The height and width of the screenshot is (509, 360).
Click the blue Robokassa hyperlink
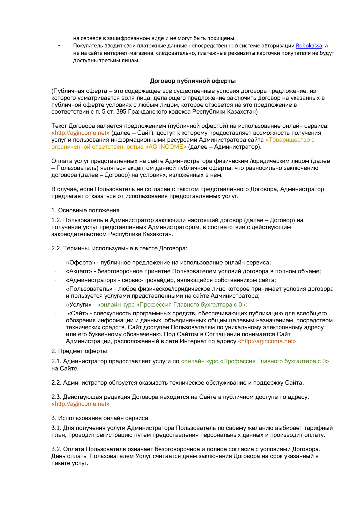[309, 46]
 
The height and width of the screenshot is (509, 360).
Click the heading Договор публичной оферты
[193, 81]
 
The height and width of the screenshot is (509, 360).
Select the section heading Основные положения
[88, 210]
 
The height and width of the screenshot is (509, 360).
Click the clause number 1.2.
[56, 220]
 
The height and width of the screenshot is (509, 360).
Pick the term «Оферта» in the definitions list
[80, 263]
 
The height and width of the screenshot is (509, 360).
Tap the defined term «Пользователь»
[89, 289]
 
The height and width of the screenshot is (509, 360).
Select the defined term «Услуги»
[79, 305]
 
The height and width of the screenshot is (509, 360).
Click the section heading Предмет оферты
[82, 351]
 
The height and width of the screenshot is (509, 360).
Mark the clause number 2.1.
[56, 362]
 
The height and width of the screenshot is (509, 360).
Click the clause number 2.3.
[56, 397]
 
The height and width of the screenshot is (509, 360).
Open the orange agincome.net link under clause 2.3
[80, 404]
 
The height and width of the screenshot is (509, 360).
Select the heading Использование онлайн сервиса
[103, 418]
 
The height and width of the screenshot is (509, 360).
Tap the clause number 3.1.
[56, 428]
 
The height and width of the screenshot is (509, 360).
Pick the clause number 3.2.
[56, 449]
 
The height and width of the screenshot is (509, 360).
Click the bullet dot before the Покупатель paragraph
[59, 46]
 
